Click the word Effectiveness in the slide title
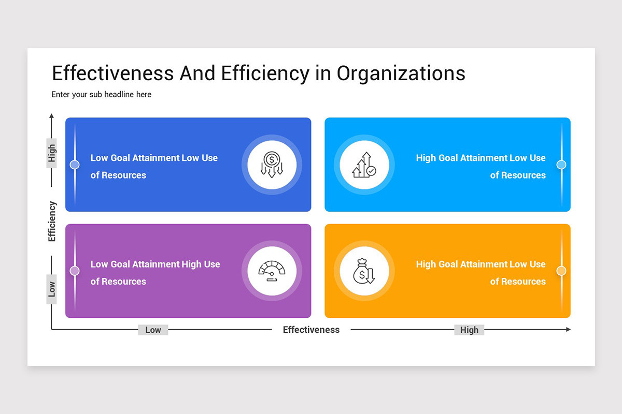(x=113, y=73)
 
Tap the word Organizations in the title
(x=401, y=73)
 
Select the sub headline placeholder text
(x=102, y=95)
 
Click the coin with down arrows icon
(x=272, y=165)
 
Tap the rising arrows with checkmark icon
(x=364, y=165)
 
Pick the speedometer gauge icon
(x=272, y=271)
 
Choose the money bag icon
(x=364, y=271)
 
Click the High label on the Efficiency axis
(x=52, y=153)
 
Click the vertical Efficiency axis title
(x=52, y=221)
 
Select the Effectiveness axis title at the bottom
(x=311, y=330)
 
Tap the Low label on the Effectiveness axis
(x=153, y=330)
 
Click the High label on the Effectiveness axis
(x=469, y=330)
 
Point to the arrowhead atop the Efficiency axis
(x=51, y=115)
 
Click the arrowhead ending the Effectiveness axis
(x=568, y=329)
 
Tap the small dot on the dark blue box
(x=75, y=165)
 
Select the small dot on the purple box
(x=75, y=271)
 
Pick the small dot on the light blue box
(x=561, y=165)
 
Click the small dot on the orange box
(x=561, y=271)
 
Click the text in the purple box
(x=155, y=272)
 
